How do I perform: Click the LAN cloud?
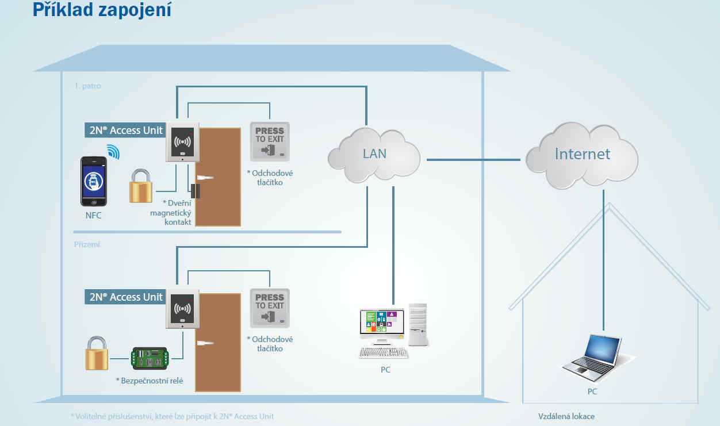[374, 155]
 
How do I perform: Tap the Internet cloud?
[582, 155]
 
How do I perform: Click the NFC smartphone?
[94, 181]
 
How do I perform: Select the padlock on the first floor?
[141, 186]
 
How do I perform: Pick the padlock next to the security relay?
[97, 353]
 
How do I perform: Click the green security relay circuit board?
[150, 358]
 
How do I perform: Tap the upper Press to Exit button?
[270, 141]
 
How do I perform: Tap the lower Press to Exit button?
[270, 308]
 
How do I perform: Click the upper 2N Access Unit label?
[125, 130]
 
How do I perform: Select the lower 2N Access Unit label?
[125, 297]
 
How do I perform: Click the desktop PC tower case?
[418, 324]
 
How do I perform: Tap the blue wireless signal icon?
[113, 152]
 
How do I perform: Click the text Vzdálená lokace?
[566, 416]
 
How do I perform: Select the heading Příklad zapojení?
[102, 10]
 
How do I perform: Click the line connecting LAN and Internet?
[473, 160]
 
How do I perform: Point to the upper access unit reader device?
[182, 142]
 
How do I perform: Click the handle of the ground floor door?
[205, 343]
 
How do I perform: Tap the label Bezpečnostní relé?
[150, 381]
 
